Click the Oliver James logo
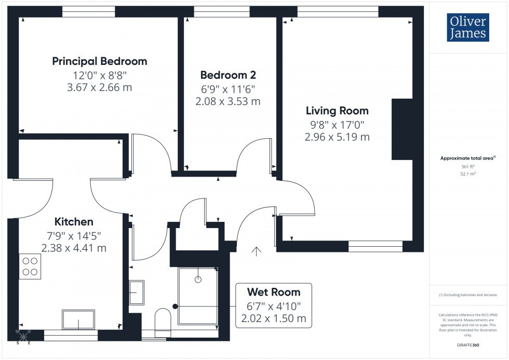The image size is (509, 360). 467,28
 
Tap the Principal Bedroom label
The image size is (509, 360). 100,61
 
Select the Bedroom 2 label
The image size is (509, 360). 229,75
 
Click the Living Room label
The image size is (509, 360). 337,111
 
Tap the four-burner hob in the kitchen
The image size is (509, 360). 30,266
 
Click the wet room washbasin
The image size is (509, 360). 137,292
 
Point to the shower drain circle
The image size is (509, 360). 197,279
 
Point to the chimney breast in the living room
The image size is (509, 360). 401,129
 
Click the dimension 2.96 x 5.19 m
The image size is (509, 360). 337,137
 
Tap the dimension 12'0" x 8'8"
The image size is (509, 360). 100,76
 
